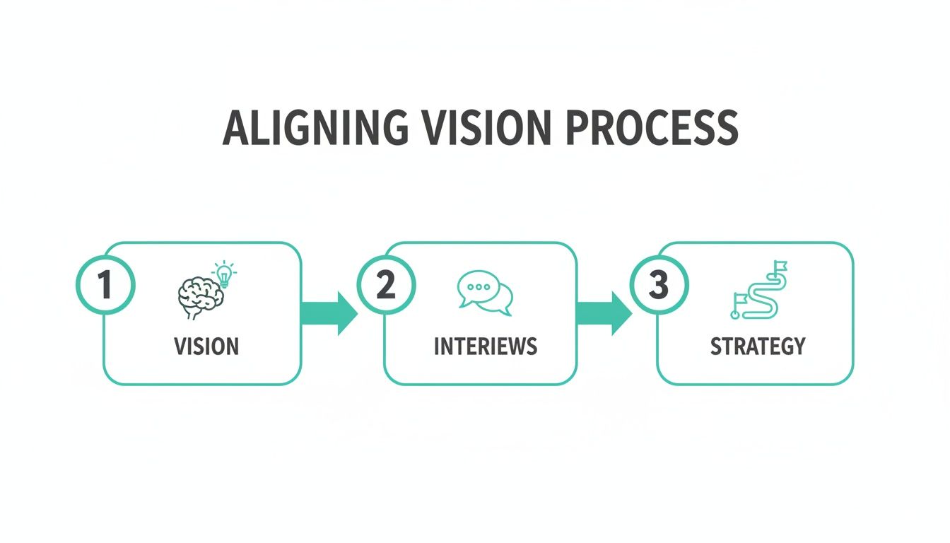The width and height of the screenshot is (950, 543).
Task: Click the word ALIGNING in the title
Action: tap(315, 129)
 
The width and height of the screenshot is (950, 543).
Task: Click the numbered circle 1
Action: tap(105, 285)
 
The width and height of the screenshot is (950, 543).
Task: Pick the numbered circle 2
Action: tap(386, 285)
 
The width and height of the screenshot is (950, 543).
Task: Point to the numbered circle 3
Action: tap(658, 285)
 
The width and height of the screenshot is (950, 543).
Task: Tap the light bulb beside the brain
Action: tap(224, 274)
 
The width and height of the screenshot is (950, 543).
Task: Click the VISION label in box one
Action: tap(206, 346)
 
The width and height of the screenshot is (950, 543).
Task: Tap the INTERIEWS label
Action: tap(485, 346)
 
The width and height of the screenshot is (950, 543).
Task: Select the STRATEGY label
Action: tap(758, 346)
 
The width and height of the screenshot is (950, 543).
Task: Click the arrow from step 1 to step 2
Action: tap(330, 313)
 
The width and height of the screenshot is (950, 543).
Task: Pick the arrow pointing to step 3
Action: tap(604, 313)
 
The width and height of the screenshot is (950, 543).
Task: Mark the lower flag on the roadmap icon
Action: tap(739, 300)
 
